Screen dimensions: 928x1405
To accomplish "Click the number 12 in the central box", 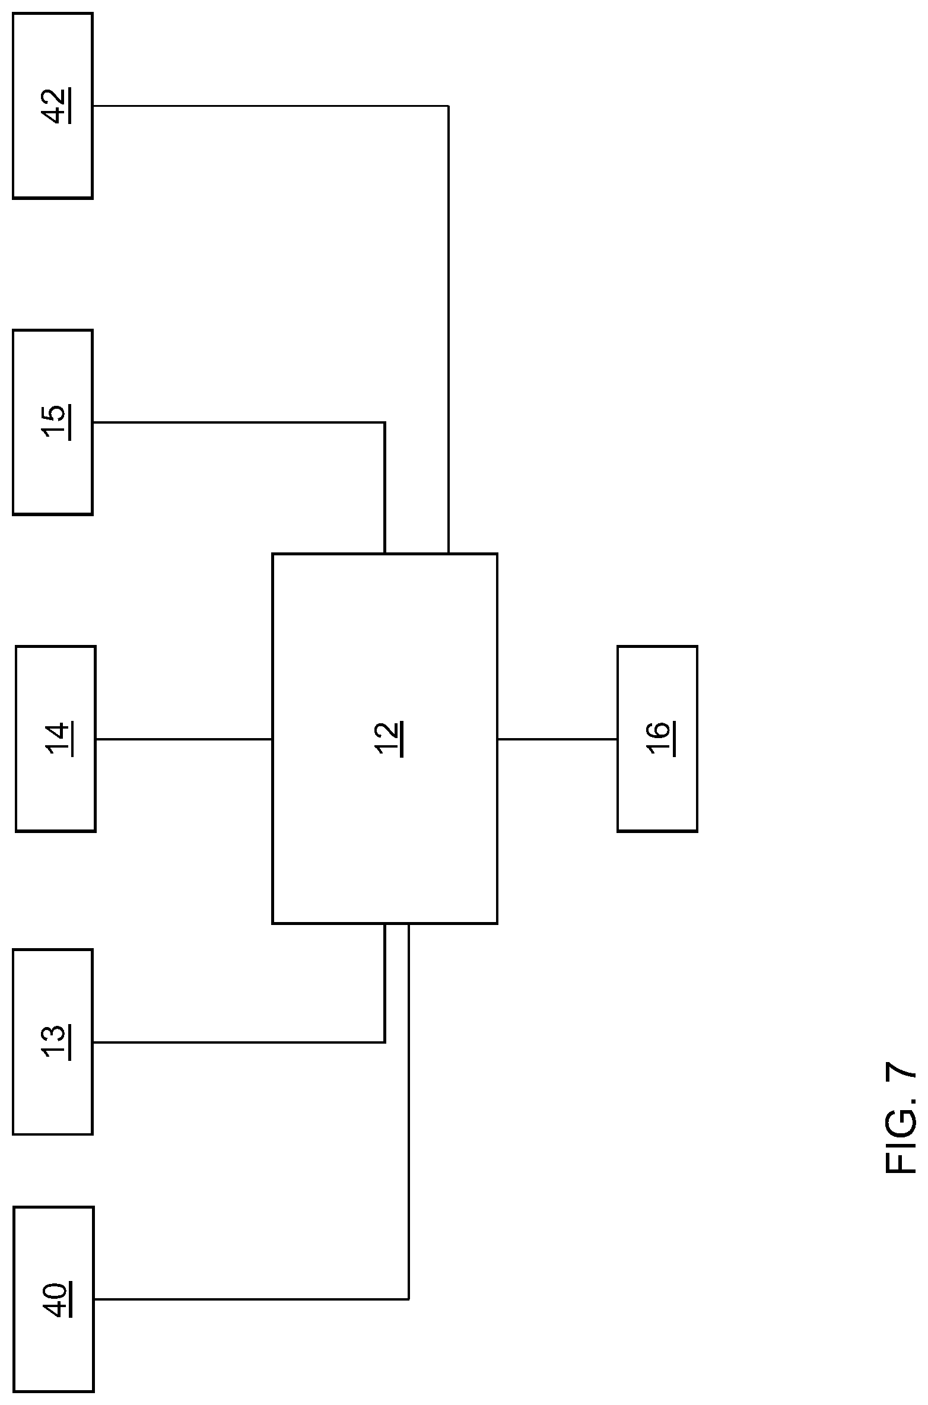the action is [389, 739].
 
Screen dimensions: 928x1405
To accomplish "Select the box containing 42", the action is [53, 106].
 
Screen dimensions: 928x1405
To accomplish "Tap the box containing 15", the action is [53, 422].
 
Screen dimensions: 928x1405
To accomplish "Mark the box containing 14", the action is [55, 739].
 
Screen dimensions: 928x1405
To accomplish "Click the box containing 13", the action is [53, 1042].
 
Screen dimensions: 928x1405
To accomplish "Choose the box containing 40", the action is [53, 1299].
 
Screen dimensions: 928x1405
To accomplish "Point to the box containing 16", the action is [657, 739].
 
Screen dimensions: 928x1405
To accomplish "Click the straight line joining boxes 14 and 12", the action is [184, 739].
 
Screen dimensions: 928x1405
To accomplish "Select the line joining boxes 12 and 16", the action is [557, 739].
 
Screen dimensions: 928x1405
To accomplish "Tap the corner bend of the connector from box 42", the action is [448, 106].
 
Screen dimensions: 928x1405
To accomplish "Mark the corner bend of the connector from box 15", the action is [384, 422].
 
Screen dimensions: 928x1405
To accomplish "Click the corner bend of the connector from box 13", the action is [384, 1042].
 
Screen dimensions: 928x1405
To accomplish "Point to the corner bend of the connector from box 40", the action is [409, 1299].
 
